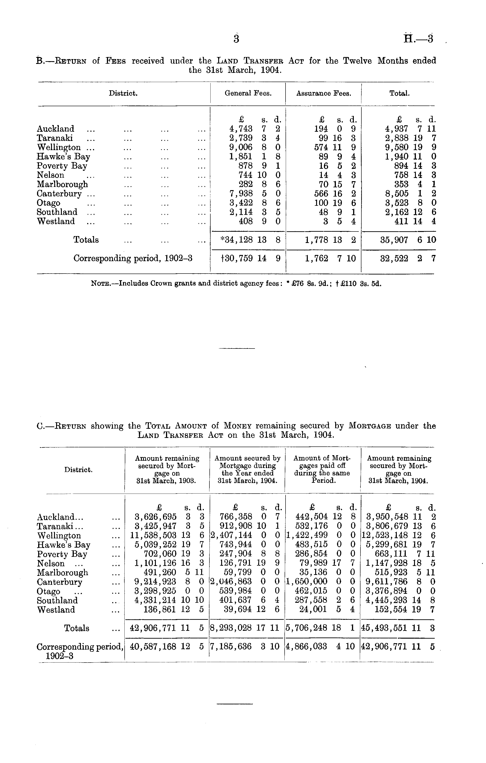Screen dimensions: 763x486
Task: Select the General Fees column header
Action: coord(248,94)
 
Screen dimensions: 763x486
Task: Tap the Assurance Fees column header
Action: coord(323,94)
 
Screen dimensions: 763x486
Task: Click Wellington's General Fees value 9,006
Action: coord(241,148)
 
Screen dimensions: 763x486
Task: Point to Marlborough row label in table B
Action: coord(62,184)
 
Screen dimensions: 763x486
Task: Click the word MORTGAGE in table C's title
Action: coord(370,426)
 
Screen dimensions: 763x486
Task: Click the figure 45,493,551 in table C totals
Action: coord(384,628)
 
